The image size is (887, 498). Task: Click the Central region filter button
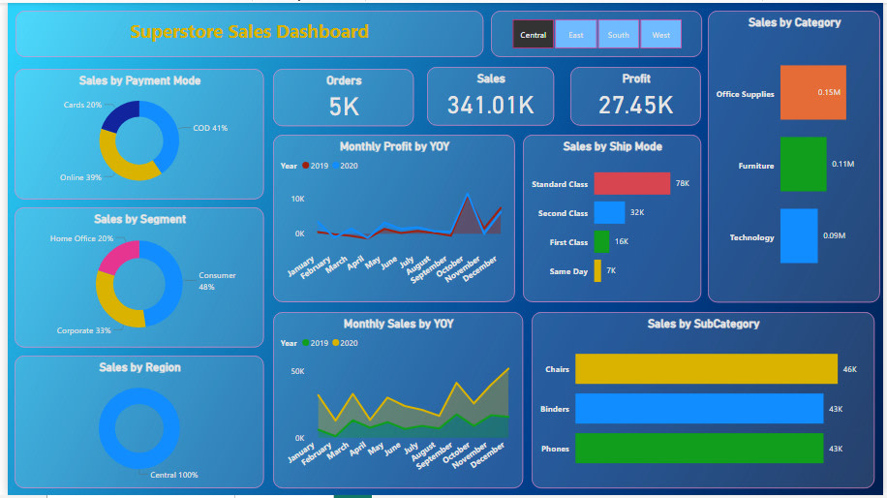(534, 35)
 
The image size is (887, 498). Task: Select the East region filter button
(576, 35)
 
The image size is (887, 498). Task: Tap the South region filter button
(619, 35)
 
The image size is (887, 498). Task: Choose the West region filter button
(660, 35)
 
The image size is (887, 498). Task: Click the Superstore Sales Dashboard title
(250, 32)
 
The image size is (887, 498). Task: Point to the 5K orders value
(344, 107)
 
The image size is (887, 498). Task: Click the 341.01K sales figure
(491, 105)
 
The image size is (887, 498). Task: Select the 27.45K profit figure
(635, 105)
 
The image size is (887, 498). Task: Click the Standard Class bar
(631, 183)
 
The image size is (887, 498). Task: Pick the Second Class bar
(609, 212)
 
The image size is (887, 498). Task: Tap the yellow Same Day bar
(597, 271)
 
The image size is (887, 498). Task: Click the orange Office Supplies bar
(812, 93)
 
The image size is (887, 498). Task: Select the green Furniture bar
(803, 165)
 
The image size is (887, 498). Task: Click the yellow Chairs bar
(706, 369)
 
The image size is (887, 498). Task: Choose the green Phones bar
(698, 449)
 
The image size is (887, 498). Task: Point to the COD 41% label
(210, 128)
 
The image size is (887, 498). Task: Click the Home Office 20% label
(81, 238)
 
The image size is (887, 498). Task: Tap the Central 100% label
(173, 475)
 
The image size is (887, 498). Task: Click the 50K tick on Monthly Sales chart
(296, 371)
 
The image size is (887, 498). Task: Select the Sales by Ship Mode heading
(612, 146)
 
